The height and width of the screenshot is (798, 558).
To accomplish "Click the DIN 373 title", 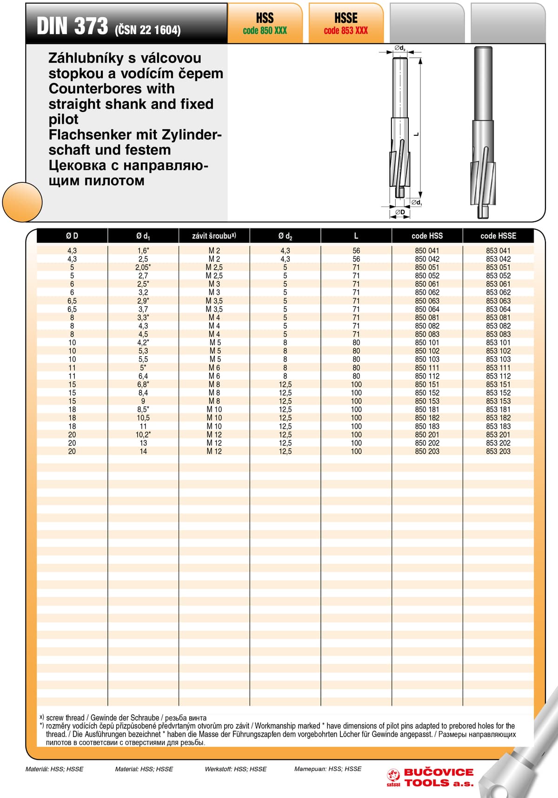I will point(73,26).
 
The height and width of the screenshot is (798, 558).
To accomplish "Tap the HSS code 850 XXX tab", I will point(265,24).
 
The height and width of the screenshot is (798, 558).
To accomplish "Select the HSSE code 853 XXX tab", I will point(346,24).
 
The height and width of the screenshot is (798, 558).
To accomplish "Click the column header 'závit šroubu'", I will point(214,236).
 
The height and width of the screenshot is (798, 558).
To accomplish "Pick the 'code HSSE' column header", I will point(498,236).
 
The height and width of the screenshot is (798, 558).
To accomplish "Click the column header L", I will point(356,236).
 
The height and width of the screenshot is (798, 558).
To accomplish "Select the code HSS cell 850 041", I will point(427,251).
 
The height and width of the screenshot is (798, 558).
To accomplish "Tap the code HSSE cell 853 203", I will point(498,452).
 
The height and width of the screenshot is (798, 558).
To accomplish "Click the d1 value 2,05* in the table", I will point(143,267).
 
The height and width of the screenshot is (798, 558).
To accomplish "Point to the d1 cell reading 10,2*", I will point(143,435).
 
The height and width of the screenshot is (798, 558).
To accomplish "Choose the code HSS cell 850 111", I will point(427,368).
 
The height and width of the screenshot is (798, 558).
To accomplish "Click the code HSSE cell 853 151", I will point(498,385).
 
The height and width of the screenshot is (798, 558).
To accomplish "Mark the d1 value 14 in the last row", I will point(143,452).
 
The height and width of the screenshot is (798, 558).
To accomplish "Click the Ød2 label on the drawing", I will point(400,48).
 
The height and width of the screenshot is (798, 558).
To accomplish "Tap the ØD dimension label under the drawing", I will point(400,213).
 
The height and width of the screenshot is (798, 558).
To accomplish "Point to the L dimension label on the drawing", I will point(416,134).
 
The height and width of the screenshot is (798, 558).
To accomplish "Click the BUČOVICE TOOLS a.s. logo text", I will point(438,778).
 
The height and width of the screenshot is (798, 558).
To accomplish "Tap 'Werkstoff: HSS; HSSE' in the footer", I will point(236,769).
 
